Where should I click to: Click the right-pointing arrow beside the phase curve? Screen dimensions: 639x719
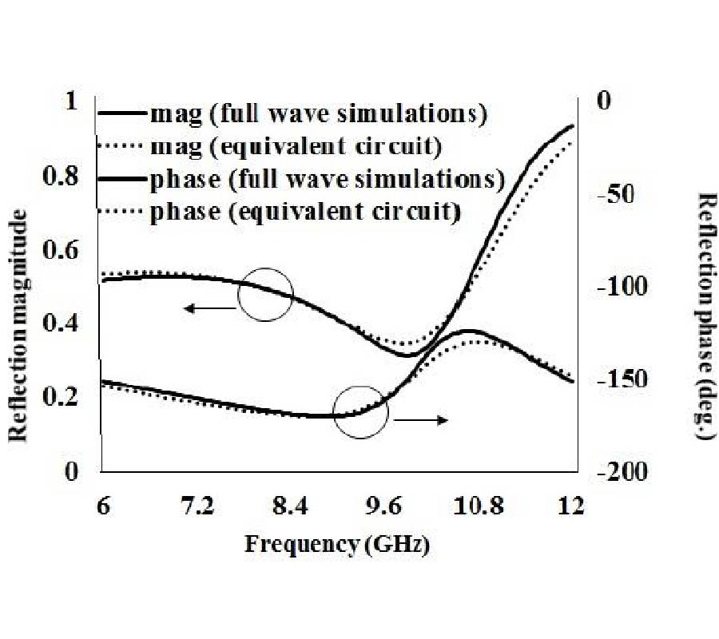tap(421, 419)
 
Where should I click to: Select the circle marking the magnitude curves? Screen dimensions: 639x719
tap(266, 294)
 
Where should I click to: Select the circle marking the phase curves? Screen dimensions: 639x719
tap(360, 412)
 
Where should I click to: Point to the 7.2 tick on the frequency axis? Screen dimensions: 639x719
tap(197, 506)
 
